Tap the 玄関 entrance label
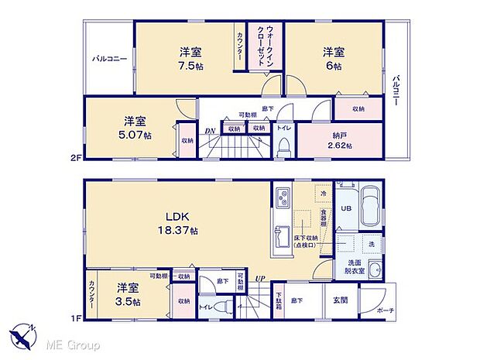[341, 300]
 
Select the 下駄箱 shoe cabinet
[278, 300]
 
